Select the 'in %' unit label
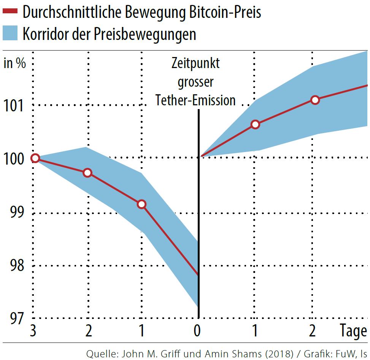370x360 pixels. tap(15, 63)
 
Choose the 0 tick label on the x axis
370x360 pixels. tap(197, 331)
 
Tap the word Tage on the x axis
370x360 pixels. tap(353, 331)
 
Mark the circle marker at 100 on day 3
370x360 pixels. tap(35, 158)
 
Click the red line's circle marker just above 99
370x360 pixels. tap(141, 204)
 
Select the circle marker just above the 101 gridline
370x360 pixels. tap(314, 100)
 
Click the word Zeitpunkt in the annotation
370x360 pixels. tap(195, 63)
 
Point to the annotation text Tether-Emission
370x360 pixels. tap(195, 100)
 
